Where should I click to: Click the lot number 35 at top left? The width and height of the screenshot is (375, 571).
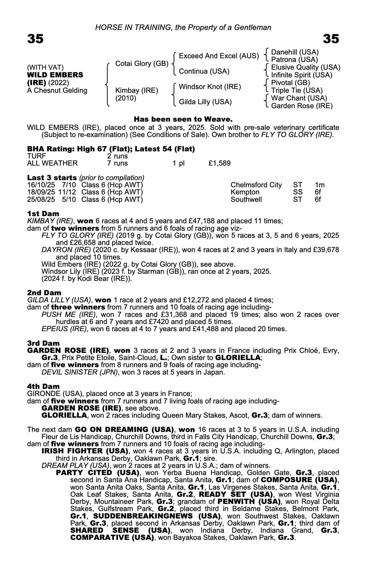point(35,39)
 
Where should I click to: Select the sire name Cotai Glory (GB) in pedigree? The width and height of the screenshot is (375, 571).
point(141,63)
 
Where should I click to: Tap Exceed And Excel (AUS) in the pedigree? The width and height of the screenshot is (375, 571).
point(219,56)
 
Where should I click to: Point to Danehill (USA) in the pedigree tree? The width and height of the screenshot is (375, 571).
point(295,52)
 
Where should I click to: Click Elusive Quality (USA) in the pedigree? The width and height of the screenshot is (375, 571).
point(305,67)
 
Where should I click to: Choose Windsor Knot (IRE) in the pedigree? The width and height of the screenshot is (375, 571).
point(210,87)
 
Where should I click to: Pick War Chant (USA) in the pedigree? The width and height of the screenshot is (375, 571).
point(299,98)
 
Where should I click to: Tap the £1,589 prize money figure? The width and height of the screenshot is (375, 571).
point(219,163)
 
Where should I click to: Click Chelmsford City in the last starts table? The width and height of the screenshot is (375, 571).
point(256,185)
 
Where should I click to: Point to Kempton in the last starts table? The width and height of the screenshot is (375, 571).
point(245,192)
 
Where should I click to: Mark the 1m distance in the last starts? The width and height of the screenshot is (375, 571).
point(320,185)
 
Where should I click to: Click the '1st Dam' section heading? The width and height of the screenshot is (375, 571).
point(43,214)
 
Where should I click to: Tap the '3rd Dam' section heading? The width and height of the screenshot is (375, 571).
point(43,343)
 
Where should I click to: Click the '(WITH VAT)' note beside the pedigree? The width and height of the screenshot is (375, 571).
point(45,67)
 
